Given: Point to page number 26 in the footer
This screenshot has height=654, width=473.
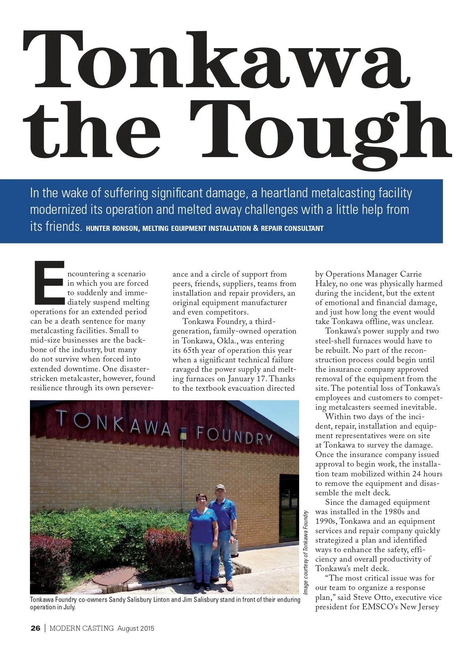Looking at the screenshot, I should tap(35, 628).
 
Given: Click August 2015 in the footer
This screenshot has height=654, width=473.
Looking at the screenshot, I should tap(136, 628).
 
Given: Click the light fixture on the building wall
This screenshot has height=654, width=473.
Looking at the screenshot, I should tap(183, 434).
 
